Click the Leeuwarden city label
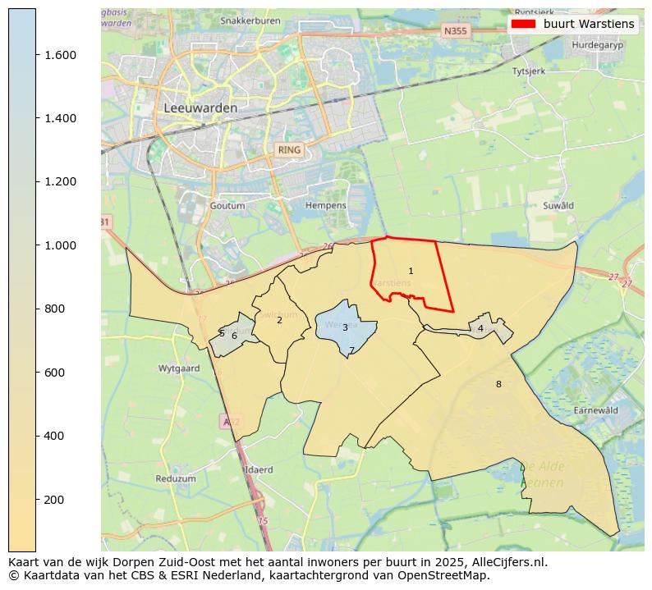200,107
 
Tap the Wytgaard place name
179,368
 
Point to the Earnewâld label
596,409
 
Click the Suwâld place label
558,205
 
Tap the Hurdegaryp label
597,46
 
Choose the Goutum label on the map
227,205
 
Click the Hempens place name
326,205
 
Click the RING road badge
289,150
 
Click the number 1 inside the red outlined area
411,271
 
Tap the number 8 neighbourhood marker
498,384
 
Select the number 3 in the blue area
345,327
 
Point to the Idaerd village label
259,470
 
